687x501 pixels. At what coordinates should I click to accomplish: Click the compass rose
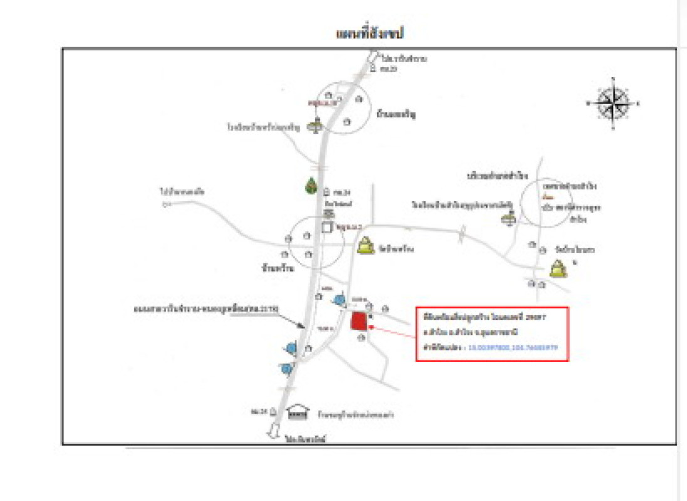coord(613,103)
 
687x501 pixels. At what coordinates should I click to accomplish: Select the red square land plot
coord(358,321)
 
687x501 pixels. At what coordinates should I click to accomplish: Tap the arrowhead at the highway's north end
coord(370,57)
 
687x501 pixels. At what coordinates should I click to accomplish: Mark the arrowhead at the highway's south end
coord(274,431)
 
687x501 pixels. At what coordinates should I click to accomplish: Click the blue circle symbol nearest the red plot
coord(340,300)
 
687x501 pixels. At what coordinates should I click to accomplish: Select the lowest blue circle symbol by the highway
coord(287,369)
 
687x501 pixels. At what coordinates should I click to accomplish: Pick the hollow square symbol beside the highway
coord(327,228)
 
